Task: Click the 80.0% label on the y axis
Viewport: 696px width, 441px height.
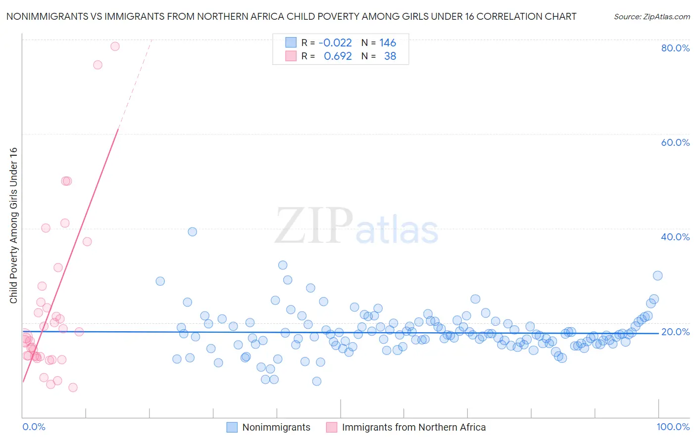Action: [x=675, y=48]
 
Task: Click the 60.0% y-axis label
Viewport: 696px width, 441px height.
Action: [x=675, y=142]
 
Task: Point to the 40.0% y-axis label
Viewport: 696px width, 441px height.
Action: [x=675, y=237]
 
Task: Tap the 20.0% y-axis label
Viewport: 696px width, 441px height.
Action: [x=675, y=332]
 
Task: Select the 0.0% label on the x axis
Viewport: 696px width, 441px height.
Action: [x=34, y=427]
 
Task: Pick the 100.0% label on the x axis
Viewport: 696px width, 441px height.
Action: [x=673, y=427]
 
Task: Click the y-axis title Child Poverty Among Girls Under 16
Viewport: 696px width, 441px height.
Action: [x=13, y=225]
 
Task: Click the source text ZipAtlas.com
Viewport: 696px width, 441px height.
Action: [x=652, y=17]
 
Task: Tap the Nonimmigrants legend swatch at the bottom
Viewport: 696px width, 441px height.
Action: [x=232, y=427]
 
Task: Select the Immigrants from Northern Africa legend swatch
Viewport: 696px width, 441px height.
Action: [x=331, y=427]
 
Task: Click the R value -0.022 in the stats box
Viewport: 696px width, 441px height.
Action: [x=335, y=43]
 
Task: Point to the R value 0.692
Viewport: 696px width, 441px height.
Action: [x=338, y=56]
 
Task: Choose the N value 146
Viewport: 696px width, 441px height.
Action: [x=388, y=43]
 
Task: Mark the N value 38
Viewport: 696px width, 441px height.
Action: [x=390, y=56]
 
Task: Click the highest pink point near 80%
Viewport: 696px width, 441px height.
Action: [x=115, y=46]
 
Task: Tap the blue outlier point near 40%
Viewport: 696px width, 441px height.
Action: [x=193, y=232]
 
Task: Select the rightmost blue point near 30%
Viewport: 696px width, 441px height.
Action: [x=657, y=276]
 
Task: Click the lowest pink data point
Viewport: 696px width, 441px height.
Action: [x=73, y=388]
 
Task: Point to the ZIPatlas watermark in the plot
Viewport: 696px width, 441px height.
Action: [x=356, y=226]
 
